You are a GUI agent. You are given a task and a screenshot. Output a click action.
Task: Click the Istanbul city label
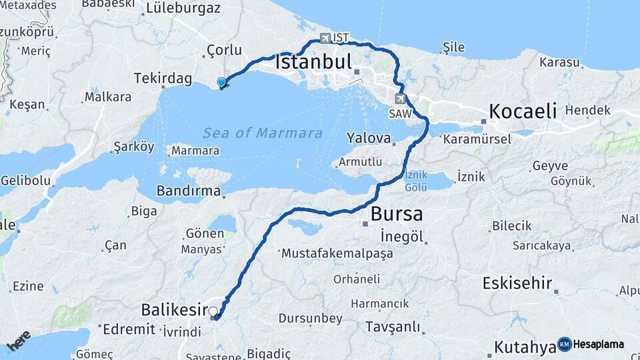coord(313,63)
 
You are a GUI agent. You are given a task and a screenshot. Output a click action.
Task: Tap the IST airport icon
coord(325,38)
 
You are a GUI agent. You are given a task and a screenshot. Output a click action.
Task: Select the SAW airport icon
coord(400,99)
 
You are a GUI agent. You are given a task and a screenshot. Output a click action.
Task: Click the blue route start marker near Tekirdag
coord(222,83)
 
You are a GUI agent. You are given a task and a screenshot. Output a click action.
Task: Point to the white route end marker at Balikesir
coord(213,311)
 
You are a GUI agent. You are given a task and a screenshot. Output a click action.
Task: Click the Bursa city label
coord(396,215)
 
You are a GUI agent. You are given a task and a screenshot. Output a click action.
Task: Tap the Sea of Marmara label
coord(263,133)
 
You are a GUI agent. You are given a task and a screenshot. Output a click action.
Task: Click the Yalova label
coord(368,138)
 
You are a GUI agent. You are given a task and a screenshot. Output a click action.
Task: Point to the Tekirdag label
coord(162,78)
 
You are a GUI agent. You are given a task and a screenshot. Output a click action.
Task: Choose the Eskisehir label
coord(517,283)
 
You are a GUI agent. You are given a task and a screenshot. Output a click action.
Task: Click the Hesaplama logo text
coord(598,345)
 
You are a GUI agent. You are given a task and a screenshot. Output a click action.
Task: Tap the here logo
coord(19,341)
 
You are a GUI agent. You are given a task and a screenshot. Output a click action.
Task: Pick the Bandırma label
coord(188,191)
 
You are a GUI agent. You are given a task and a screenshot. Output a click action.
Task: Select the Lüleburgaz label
coord(183,9)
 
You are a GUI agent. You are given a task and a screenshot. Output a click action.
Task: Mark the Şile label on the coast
coord(453,47)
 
